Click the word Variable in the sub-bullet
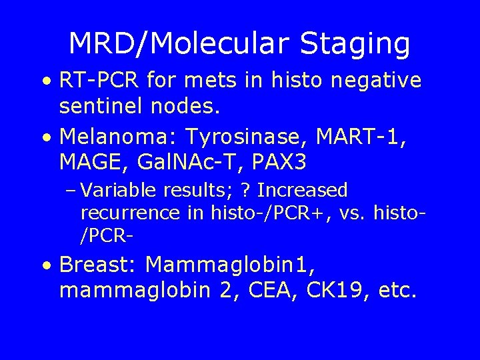(121, 191)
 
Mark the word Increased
(303, 191)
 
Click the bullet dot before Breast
(45, 266)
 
